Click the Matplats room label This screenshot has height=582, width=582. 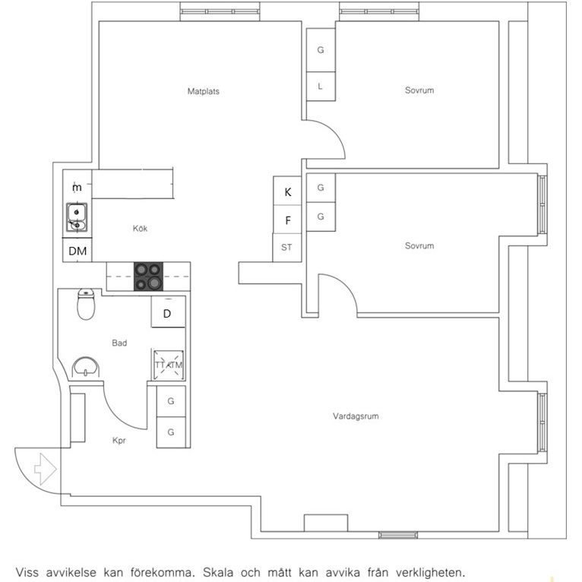pyautogui.click(x=204, y=91)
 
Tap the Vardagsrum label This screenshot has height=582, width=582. pyautogui.click(x=356, y=416)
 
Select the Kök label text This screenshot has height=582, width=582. pyautogui.click(x=140, y=228)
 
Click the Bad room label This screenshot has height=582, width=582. pyautogui.click(x=119, y=343)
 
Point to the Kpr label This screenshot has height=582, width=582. pyautogui.click(x=119, y=441)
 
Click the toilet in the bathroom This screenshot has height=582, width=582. pyautogui.click(x=86, y=305)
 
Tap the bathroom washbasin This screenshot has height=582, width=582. pyautogui.click(x=86, y=368)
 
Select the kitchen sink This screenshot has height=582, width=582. pyautogui.click(x=77, y=217)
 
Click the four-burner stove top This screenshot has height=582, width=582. pyautogui.click(x=148, y=277)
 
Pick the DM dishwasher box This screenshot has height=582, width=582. pyautogui.click(x=77, y=250)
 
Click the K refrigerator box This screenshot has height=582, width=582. pyautogui.click(x=287, y=191)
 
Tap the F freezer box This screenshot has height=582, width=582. pyautogui.click(x=287, y=220)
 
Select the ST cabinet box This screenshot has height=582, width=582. pyautogui.click(x=287, y=248)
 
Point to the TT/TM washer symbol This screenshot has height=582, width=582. pyautogui.click(x=169, y=365)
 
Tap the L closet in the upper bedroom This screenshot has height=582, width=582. pyautogui.click(x=321, y=86)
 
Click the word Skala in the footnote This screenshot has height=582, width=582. pyautogui.click(x=217, y=572)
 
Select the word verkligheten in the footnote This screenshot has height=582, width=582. pyautogui.click(x=430, y=572)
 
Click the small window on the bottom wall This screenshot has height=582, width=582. pyautogui.click(x=398, y=535)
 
